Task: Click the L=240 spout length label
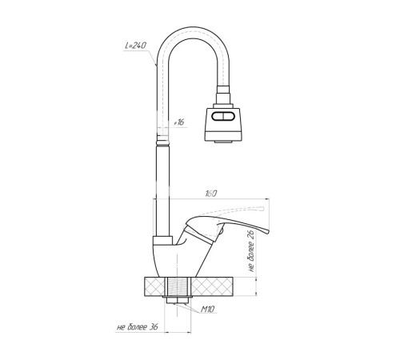click(136, 46)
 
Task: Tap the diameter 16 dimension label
click(179, 122)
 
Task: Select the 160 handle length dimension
click(211, 194)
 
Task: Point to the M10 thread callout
click(207, 310)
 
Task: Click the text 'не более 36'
click(138, 327)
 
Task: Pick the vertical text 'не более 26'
click(251, 250)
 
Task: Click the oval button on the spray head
click(223, 117)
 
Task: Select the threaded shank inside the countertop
click(178, 286)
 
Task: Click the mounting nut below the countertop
click(178, 300)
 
